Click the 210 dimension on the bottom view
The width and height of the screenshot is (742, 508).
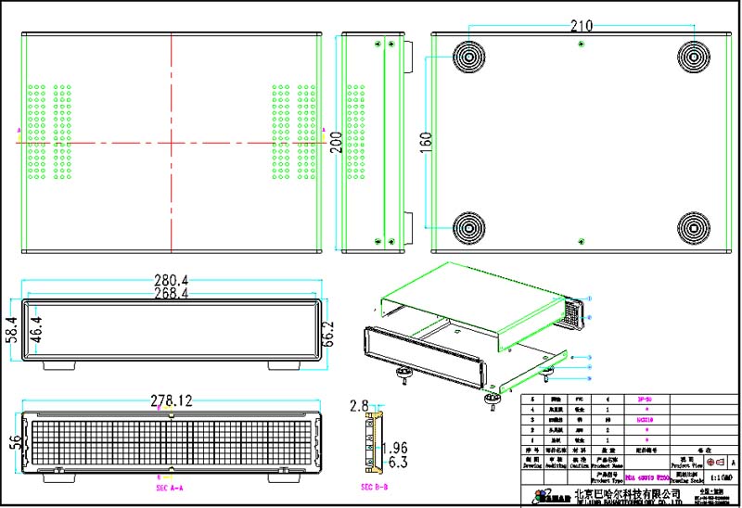(x=581, y=25)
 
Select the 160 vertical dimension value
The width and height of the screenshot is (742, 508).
(x=427, y=143)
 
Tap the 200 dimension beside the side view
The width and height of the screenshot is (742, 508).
(x=336, y=144)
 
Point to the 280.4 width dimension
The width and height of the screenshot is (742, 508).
(x=171, y=280)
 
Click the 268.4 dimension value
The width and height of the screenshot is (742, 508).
(x=171, y=293)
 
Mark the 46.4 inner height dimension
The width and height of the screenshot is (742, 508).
(x=35, y=329)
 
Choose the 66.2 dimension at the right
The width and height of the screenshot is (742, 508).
(x=327, y=331)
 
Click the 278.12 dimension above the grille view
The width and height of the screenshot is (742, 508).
(x=171, y=401)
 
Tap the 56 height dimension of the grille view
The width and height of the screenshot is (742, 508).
(x=13, y=443)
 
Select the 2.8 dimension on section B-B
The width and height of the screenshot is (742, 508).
(x=359, y=405)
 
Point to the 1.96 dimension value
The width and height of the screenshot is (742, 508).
(x=395, y=448)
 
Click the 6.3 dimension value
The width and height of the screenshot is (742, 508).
(x=395, y=461)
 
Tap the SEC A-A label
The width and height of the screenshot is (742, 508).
(x=169, y=487)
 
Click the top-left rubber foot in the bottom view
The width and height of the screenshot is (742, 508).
(x=468, y=58)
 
